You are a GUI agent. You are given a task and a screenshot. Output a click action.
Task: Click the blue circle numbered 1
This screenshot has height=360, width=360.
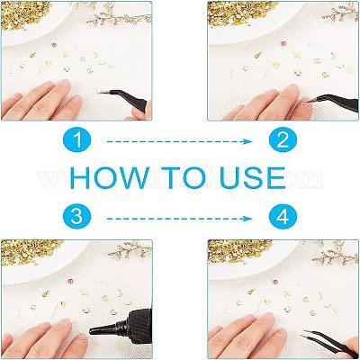(x=77, y=140)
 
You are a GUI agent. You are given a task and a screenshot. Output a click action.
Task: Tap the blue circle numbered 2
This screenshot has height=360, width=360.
(x=283, y=140)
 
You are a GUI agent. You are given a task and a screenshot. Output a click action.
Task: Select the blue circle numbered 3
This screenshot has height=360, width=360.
(x=77, y=217)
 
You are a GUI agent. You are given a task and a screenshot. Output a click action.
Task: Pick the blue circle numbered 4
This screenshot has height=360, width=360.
(x=283, y=217)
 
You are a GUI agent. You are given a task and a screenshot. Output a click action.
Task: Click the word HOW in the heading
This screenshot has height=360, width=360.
(x=109, y=178)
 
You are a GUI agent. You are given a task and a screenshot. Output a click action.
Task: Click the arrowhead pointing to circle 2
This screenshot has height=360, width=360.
(x=248, y=141)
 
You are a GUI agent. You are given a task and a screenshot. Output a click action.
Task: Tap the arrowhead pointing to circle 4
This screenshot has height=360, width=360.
(x=248, y=219)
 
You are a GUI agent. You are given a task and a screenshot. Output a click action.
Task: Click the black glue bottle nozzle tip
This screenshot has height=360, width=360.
(x=91, y=331)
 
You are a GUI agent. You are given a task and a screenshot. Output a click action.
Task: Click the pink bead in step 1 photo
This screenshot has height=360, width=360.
(x=55, y=45)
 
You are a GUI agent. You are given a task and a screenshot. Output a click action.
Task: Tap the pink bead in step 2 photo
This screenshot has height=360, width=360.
(x=283, y=44)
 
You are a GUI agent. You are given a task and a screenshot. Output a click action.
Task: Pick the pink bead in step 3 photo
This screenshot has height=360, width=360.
(x=70, y=282)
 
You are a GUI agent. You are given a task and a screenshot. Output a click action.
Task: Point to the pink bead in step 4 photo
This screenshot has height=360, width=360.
(x=275, y=282)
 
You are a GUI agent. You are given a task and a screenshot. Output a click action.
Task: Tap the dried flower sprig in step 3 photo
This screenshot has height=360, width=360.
(x=130, y=249)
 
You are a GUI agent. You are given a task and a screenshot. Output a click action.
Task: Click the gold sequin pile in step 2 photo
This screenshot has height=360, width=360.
(x=243, y=12)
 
